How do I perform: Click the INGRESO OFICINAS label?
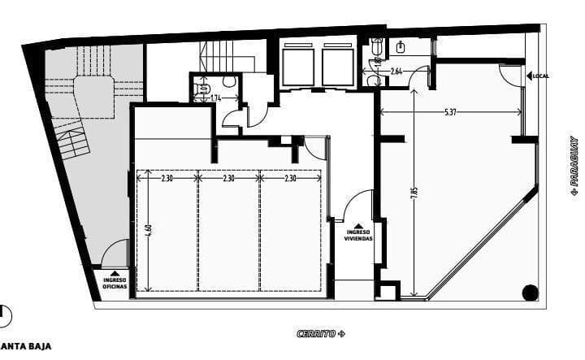click(x=115, y=283)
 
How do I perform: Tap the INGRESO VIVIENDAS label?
click(x=358, y=236)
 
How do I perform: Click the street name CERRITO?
click(x=318, y=334)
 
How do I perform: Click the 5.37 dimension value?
click(x=449, y=111)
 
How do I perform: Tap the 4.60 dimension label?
click(x=149, y=230)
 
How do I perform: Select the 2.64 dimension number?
click(x=396, y=72)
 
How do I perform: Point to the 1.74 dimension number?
click(x=215, y=98)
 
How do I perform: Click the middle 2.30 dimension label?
click(x=229, y=177)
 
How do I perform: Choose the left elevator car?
click(x=298, y=63)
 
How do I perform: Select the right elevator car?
click(x=337, y=63)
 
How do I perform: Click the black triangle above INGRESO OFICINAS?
click(x=115, y=273)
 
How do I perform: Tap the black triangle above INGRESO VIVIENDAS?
click(x=358, y=225)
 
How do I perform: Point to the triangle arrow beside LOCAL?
click(x=528, y=76)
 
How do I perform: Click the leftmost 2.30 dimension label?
click(x=168, y=177)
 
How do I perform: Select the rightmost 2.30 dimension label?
click(x=290, y=177)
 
